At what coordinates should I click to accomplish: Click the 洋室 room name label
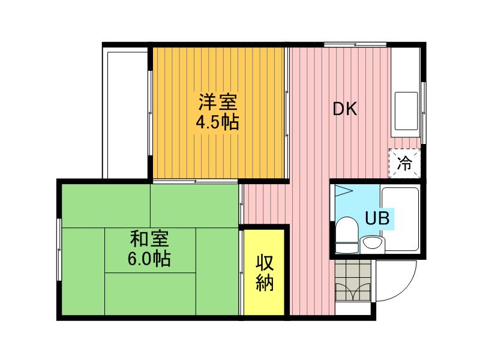218,102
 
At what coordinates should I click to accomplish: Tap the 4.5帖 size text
217,123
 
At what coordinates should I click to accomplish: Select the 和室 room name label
149,239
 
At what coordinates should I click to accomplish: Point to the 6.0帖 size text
149,259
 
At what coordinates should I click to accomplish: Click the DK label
345,109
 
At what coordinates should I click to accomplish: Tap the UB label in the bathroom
377,218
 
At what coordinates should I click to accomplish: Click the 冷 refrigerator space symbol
404,163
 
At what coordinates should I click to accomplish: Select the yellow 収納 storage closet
264,272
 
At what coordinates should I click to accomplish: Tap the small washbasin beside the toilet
371,245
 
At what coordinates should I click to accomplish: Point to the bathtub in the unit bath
400,220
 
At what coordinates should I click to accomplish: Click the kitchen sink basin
406,111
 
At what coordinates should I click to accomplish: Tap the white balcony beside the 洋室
127,115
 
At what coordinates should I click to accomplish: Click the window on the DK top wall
355,44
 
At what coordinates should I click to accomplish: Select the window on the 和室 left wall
59,250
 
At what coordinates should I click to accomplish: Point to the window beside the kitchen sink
423,113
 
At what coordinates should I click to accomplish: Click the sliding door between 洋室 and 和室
196,181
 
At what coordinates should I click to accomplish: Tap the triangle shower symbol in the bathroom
344,191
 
